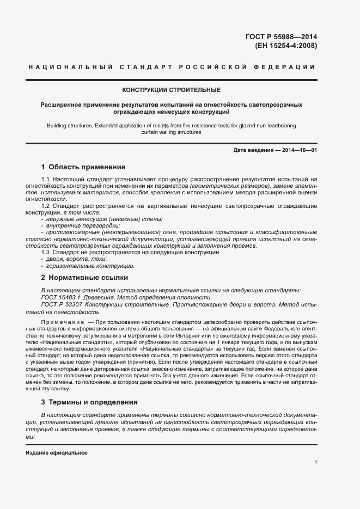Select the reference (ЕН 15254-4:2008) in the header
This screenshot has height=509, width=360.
[x=286, y=45]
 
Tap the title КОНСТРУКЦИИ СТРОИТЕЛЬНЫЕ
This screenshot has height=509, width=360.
[x=172, y=89]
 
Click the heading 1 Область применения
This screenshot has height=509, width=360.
[x=83, y=167]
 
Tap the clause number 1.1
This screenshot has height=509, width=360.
[x=46, y=179]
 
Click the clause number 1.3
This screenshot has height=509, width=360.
[x=46, y=253]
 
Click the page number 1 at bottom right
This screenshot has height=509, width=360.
[x=316, y=463]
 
